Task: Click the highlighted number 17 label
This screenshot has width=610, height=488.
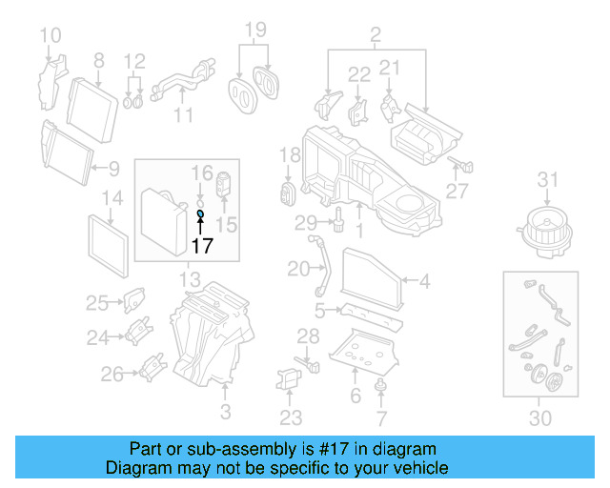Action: point(200,246)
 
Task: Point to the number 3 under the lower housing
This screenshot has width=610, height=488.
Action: point(225,412)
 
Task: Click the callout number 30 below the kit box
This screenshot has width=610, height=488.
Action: point(539,417)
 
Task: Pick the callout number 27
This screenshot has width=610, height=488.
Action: point(458,192)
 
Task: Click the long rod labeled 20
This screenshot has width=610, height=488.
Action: point(321,271)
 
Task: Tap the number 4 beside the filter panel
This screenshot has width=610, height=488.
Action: point(424,280)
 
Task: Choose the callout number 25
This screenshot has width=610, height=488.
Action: point(97,303)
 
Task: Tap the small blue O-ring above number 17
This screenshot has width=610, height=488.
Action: point(200,214)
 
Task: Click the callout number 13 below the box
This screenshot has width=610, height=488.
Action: point(190,279)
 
